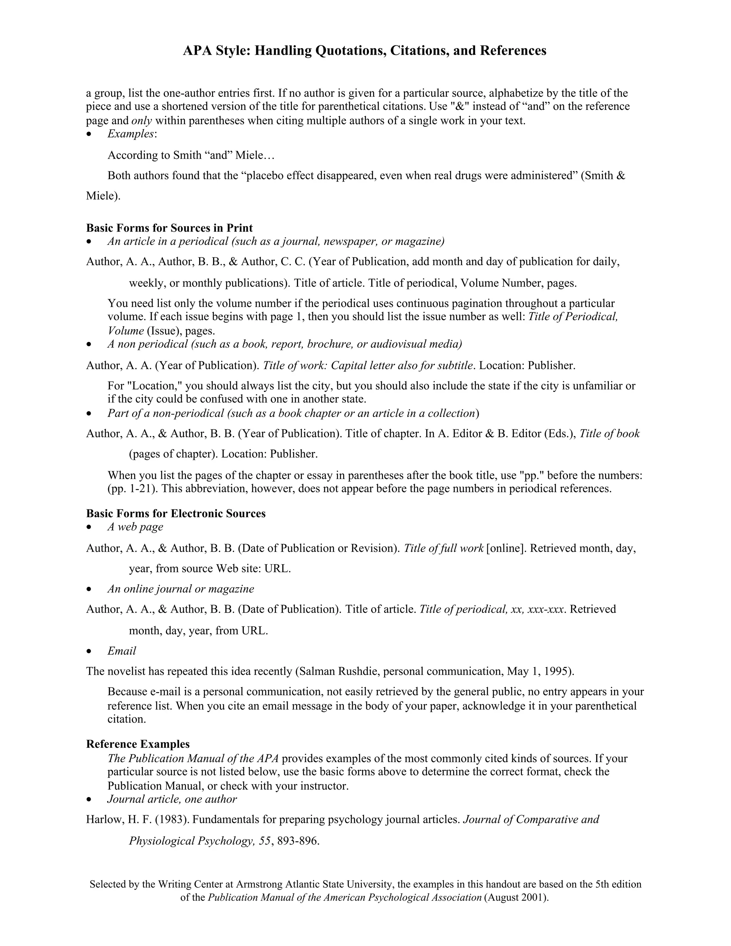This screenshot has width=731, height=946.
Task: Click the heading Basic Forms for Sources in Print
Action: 169,228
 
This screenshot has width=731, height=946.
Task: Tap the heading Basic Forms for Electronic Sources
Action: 176,513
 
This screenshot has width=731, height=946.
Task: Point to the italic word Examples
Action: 130,134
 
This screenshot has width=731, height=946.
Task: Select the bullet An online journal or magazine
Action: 181,589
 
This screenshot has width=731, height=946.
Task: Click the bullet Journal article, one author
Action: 172,799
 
